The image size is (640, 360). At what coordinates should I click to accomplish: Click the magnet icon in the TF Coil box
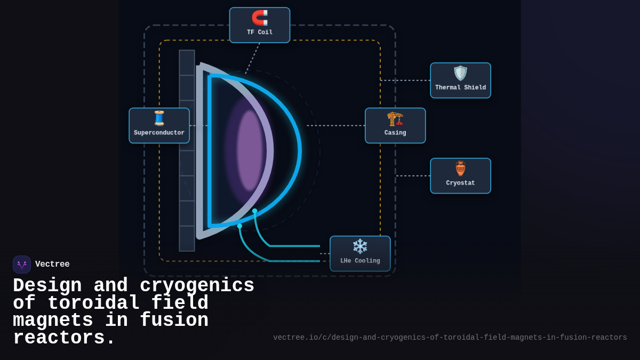pyautogui.click(x=260, y=18)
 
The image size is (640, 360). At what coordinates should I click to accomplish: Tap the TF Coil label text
pyautogui.click(x=260, y=33)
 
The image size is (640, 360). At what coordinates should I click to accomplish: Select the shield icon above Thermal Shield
pyautogui.click(x=460, y=73)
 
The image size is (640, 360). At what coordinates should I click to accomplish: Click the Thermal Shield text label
pyautogui.click(x=460, y=88)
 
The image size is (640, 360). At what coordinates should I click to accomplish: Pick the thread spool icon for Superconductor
pyautogui.click(x=159, y=118)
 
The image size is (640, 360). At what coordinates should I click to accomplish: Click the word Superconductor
pyautogui.click(x=159, y=133)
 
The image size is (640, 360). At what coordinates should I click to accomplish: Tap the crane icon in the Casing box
pyautogui.click(x=395, y=118)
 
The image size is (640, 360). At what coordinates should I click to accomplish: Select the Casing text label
pyautogui.click(x=395, y=133)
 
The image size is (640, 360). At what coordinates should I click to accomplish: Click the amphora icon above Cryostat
pyautogui.click(x=460, y=169)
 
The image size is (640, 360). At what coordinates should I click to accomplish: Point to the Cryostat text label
pyautogui.click(x=460, y=183)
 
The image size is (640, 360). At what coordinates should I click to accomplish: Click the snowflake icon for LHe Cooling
pyautogui.click(x=360, y=246)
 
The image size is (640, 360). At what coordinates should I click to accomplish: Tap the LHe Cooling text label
pyautogui.click(x=360, y=261)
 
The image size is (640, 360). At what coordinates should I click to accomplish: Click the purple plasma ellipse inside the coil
pyautogui.click(x=250, y=150)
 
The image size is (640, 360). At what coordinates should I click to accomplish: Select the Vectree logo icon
pyautogui.click(x=22, y=265)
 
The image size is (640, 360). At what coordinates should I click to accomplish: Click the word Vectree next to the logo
pyautogui.click(x=52, y=265)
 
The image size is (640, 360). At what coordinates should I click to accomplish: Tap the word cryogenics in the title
pyautogui.click(x=197, y=286)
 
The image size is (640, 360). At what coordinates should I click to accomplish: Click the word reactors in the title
pyautogui.click(x=63, y=339)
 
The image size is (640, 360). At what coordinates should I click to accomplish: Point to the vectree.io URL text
pyautogui.click(x=450, y=338)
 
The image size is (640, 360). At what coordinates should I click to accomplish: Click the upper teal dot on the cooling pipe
pyautogui.click(x=254, y=211)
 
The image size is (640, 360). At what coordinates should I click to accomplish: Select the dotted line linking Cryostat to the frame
pyautogui.click(x=413, y=176)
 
